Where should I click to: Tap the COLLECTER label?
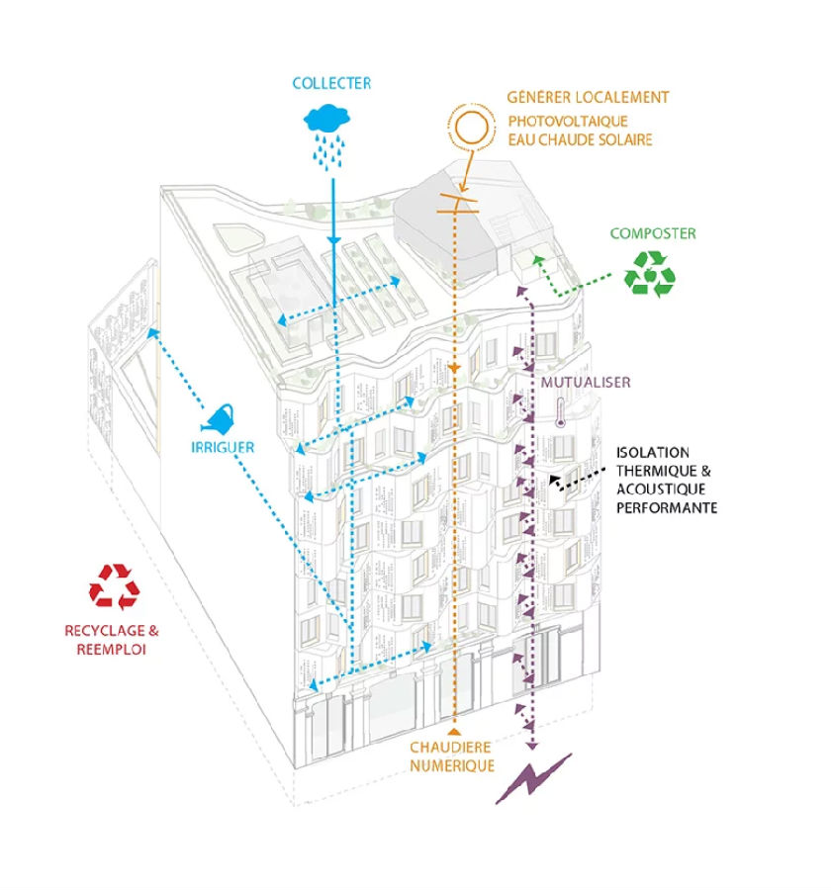coord(331,84)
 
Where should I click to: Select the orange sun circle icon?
coord(470,129)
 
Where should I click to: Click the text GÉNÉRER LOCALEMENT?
coord(588,97)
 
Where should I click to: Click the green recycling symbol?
coord(649,272)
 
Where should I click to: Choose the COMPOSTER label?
coord(653,234)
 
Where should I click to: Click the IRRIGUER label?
coord(223,447)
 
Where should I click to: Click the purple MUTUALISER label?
coord(586,382)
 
